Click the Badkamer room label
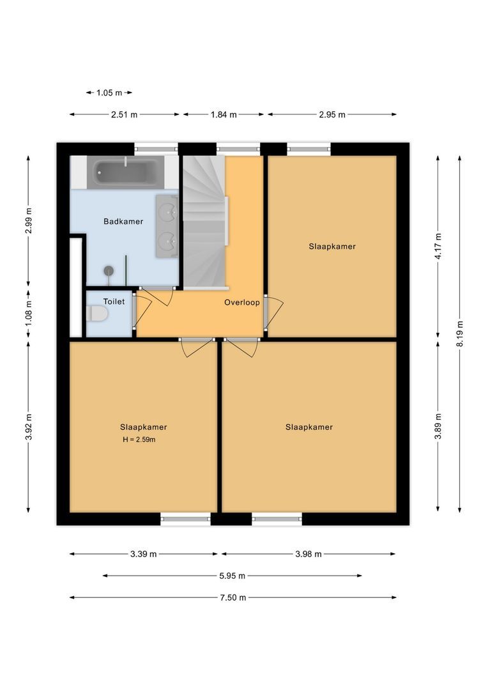pos(123,222)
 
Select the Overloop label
pos(241,302)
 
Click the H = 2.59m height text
pos(139,440)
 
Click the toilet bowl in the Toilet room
pos(95,314)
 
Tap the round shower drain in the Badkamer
pos(109,270)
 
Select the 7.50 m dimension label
pos(233,597)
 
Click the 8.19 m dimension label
pos(460,333)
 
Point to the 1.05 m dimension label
pos(109,93)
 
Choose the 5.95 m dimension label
pos(233,576)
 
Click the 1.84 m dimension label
pos(224,114)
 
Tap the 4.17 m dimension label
pos(438,245)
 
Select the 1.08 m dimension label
pos(28,313)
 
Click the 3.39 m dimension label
pos(144,554)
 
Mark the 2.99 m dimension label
pos(28,221)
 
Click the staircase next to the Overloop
pos(204,224)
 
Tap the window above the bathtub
pos(156,149)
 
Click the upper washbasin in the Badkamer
pos(167,209)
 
